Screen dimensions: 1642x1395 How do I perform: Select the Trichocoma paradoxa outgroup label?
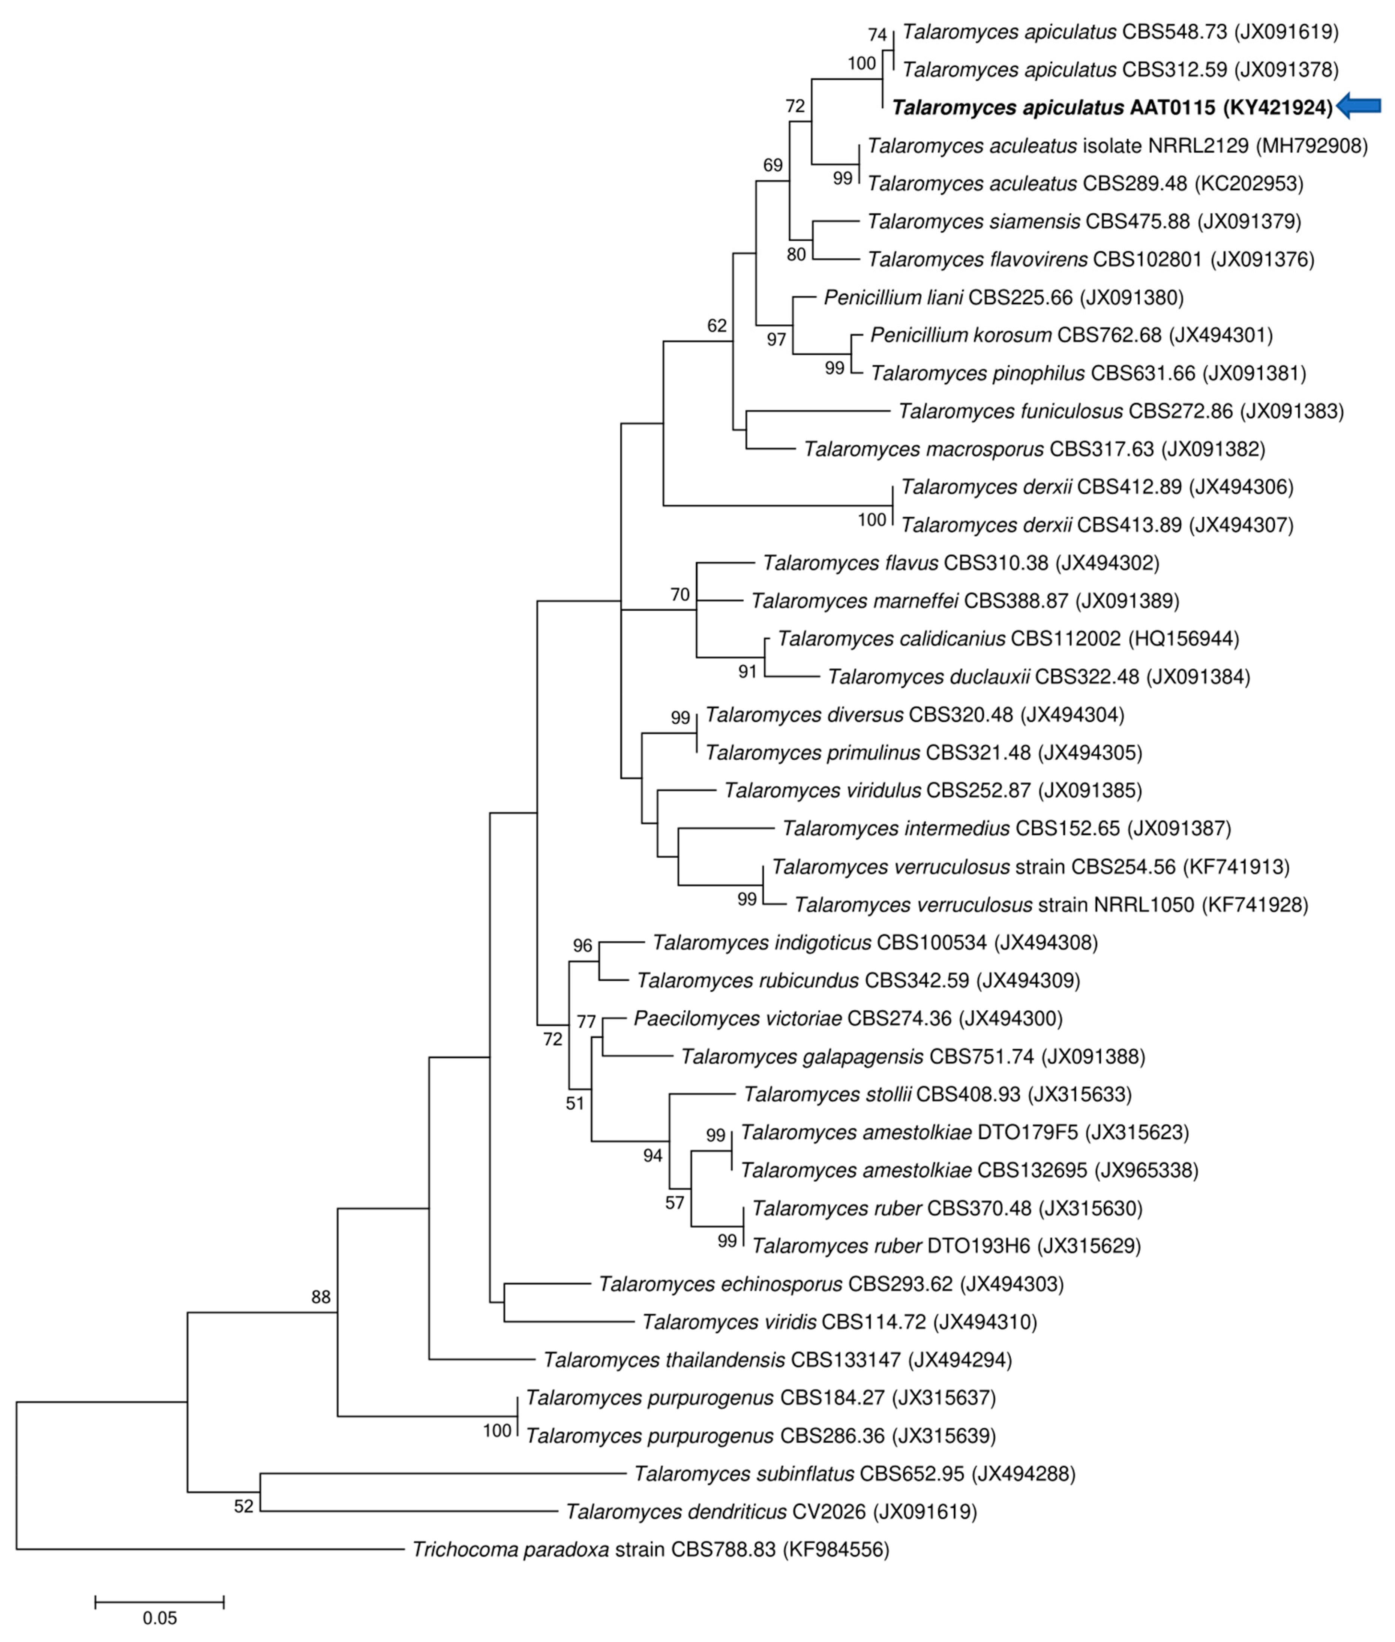(650, 1549)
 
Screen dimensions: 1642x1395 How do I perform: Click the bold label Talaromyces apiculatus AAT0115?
(1112, 108)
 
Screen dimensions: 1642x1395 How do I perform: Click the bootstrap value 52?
(244, 1507)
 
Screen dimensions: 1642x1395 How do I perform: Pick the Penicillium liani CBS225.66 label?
(1003, 297)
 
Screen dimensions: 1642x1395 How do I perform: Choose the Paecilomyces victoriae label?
(848, 1018)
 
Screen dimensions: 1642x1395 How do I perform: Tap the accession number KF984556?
(836, 1549)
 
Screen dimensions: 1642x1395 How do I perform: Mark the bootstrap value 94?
(652, 1156)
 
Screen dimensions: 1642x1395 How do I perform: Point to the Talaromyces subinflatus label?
(854, 1474)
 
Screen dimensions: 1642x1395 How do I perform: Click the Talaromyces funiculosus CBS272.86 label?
(1120, 411)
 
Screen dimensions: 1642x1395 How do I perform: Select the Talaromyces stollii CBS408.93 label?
(937, 1094)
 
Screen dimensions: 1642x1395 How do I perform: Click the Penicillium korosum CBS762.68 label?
(1071, 335)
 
